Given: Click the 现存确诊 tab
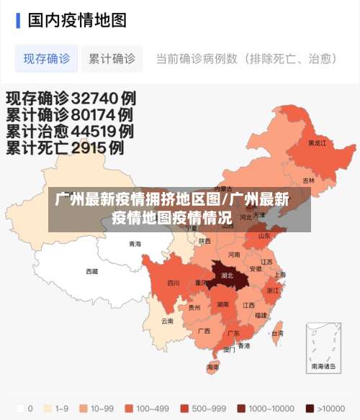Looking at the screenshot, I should coord(47,59).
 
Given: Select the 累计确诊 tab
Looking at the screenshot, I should coord(112,59).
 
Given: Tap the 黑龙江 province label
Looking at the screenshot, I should coord(317,143).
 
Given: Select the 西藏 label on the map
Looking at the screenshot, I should coord(92,271).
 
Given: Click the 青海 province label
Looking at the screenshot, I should coord(135,244).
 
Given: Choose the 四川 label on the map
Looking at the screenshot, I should coord(174,283).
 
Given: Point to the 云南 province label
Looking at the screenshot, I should coord(167,321).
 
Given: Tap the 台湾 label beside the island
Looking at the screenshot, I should coord(276,333).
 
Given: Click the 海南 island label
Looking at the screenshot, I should coord(212,367).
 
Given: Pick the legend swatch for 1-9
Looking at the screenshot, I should coord(48,408).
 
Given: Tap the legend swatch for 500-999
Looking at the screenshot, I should coord(184,408).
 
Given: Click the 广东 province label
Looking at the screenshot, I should coord(233,333).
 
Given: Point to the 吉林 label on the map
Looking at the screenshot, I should coord(309,181).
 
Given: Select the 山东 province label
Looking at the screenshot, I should coord(264,235).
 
